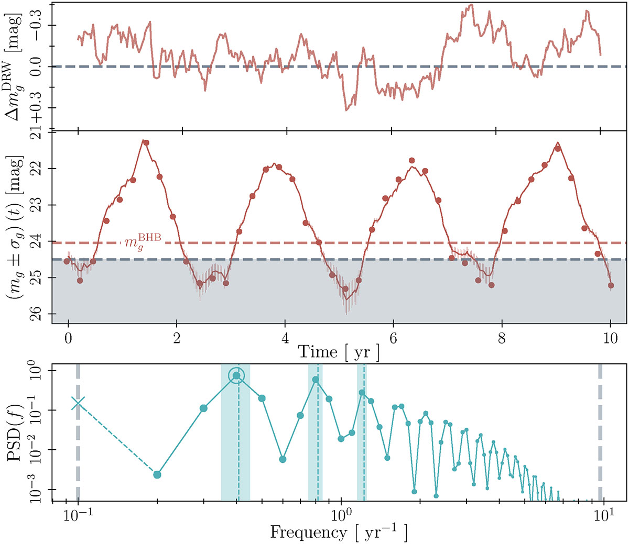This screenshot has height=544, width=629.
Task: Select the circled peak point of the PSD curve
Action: (x=236, y=375)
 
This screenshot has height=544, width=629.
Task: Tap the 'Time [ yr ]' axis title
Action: (x=339, y=352)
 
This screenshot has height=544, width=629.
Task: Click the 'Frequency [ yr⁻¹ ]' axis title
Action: (x=339, y=532)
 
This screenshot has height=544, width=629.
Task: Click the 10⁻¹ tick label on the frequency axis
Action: (x=78, y=518)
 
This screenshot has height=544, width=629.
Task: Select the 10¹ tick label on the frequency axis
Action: (x=604, y=518)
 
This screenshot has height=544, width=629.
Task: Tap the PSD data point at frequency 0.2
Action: (x=157, y=474)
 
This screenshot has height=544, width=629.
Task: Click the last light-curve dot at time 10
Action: (x=611, y=285)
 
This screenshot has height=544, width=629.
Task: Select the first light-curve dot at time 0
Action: (x=67, y=261)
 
